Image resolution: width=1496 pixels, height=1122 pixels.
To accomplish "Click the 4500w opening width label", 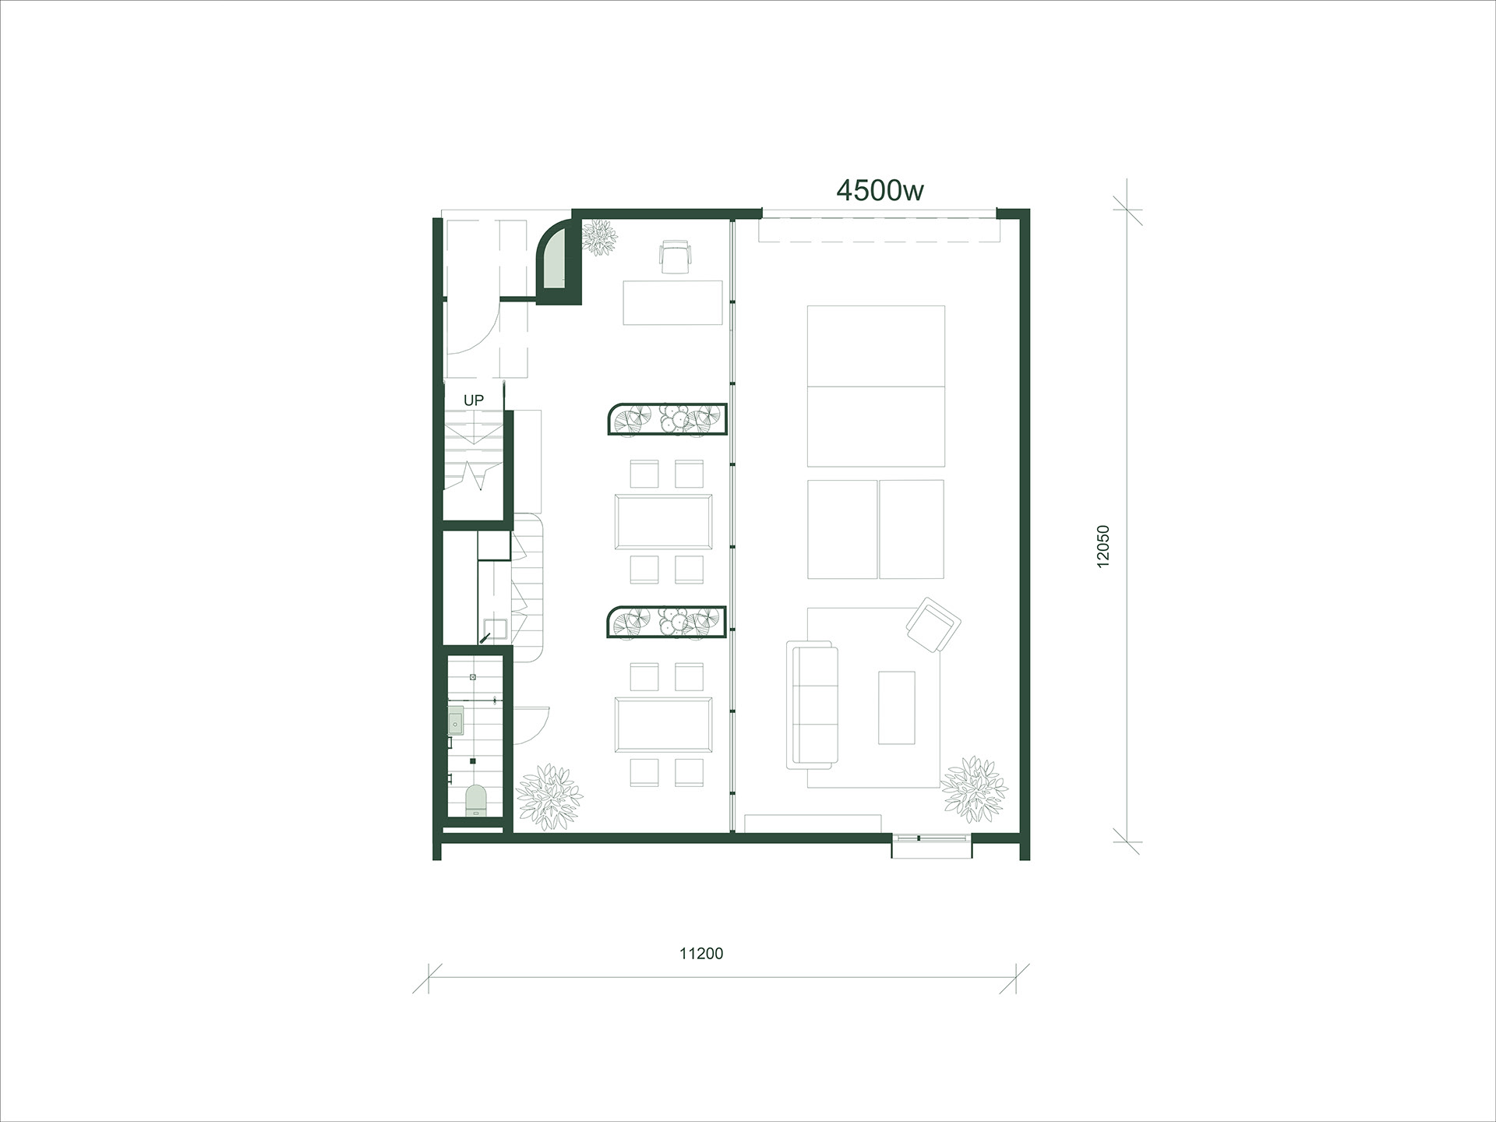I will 880,190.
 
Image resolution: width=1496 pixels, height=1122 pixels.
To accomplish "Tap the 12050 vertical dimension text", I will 1103,546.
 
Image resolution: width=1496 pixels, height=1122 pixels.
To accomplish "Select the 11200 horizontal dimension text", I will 701,953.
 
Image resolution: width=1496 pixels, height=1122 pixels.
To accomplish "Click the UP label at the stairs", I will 474,400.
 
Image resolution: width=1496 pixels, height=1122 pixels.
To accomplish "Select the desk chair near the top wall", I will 676,256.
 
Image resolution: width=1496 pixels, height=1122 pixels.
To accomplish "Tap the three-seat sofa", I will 813,704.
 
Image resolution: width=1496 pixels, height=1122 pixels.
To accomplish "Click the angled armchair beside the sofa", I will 933,625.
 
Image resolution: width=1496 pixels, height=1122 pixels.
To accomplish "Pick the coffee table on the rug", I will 896,707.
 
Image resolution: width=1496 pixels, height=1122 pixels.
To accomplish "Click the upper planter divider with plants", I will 667,419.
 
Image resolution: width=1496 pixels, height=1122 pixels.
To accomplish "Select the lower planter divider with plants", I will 667,622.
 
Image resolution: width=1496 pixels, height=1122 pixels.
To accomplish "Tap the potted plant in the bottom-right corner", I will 974,789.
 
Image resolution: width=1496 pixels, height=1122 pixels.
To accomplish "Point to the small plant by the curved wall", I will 599,237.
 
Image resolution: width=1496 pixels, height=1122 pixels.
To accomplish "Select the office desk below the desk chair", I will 674,302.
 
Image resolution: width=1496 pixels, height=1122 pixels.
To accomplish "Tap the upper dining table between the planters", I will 663,521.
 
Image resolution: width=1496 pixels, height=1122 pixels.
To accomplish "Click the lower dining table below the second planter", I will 663,724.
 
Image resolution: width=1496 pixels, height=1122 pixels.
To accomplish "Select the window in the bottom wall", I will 932,838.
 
